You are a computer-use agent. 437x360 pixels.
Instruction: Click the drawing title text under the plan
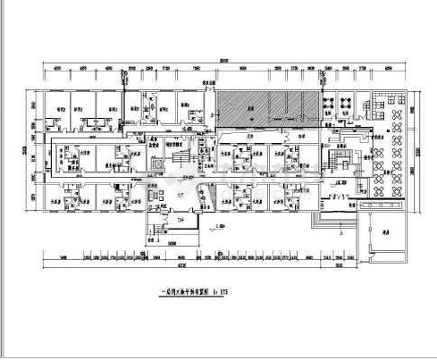click(184, 289)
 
